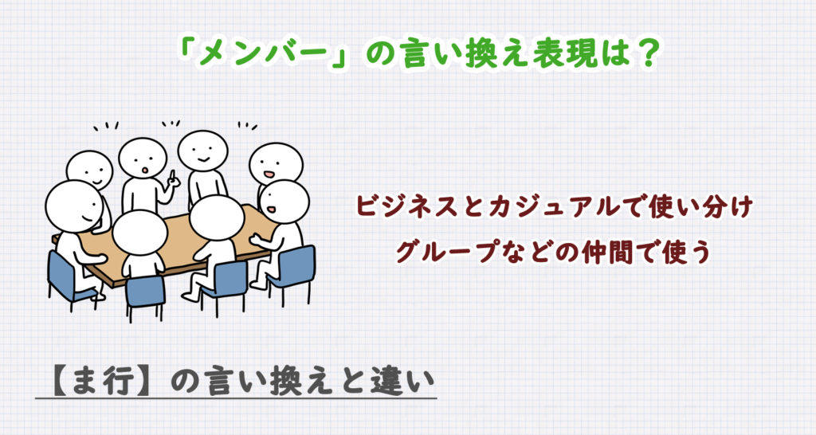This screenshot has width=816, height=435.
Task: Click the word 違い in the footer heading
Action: coord(398,375)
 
